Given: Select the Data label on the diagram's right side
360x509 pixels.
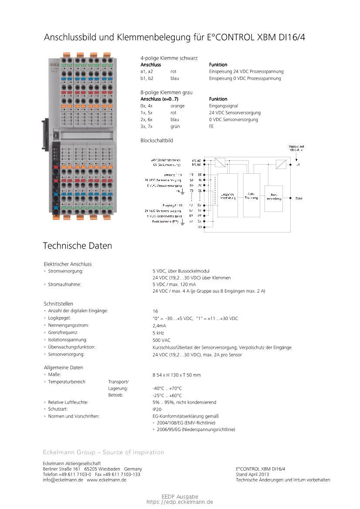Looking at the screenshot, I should click(299, 199).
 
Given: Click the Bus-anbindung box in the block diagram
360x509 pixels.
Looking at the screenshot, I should click(273, 199).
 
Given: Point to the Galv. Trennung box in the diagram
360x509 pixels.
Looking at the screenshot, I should click(251, 195).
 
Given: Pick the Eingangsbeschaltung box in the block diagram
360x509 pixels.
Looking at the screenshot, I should click(228, 196).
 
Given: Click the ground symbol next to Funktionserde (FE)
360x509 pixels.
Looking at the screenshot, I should click(183, 222).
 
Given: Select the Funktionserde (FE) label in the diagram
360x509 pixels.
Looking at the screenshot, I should click(165, 221).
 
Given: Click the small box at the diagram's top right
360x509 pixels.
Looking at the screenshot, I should click(281, 164).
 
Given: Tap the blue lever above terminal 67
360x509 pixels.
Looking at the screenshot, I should click(107, 79).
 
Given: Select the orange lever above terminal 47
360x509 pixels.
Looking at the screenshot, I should click(107, 106).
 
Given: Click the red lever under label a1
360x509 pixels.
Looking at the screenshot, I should click(55, 167).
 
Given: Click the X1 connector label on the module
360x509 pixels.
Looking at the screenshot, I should click(51, 135).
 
